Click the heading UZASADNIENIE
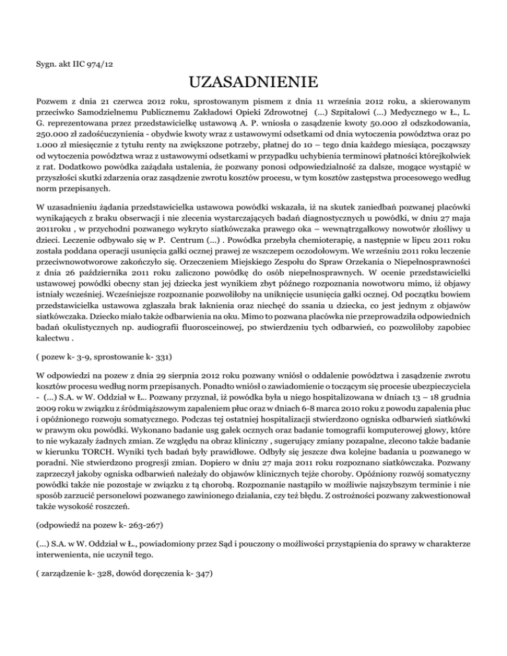click(253, 84)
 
